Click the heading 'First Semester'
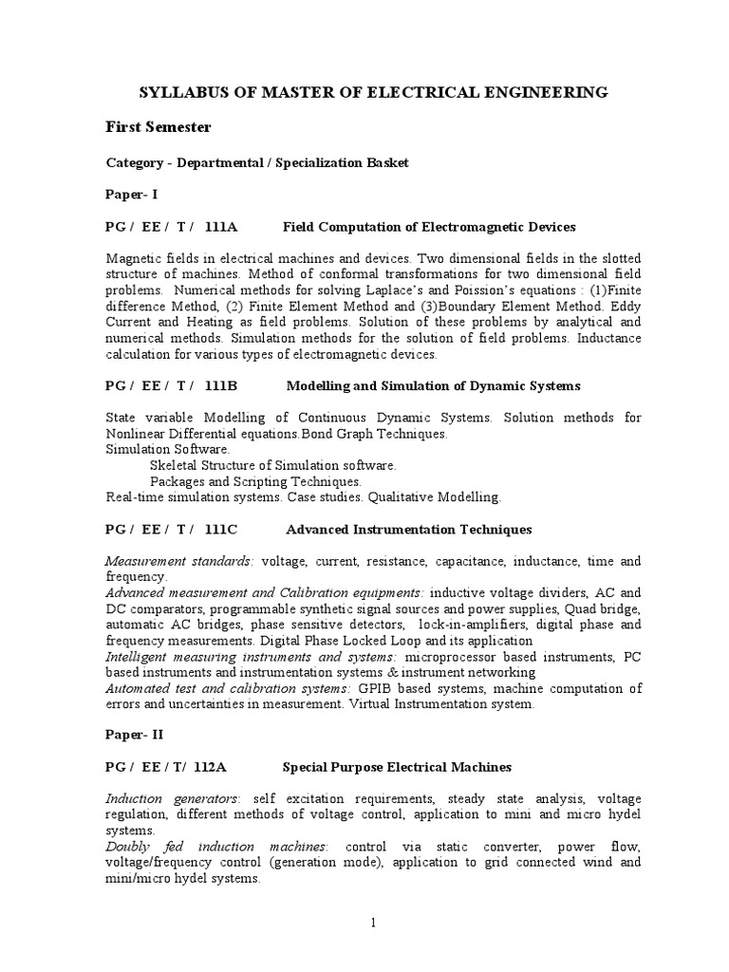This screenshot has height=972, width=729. point(158,127)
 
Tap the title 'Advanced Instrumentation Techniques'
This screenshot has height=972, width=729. point(408,529)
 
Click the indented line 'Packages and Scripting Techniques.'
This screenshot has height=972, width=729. point(255,481)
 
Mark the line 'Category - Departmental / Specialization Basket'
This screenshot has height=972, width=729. point(257,162)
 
